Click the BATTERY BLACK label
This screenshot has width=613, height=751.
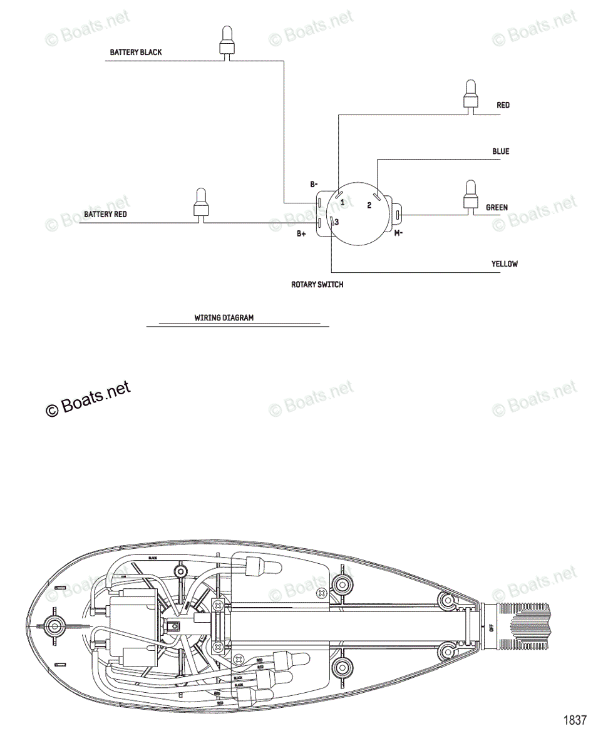pos(135,53)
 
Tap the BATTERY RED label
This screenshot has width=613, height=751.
pos(105,215)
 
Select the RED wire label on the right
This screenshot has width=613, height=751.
pos(503,106)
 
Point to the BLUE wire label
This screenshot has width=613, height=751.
pos(500,151)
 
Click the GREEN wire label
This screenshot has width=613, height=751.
pos(497,208)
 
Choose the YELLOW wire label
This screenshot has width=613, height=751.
pos(504,264)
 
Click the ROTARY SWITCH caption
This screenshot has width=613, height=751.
pos(317,285)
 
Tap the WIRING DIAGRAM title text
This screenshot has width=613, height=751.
pos(224,318)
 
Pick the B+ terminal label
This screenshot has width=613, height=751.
pos(301,234)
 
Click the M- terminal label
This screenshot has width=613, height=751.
pos(398,233)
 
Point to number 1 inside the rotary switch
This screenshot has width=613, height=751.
pos(343,202)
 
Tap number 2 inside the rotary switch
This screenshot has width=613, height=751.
pos(369,205)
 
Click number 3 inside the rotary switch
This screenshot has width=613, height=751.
pos(336,222)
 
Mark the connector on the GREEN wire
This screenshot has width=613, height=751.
pos(469,195)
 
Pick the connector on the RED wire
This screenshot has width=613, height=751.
pos(469,96)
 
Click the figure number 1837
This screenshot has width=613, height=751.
pos(574,720)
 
